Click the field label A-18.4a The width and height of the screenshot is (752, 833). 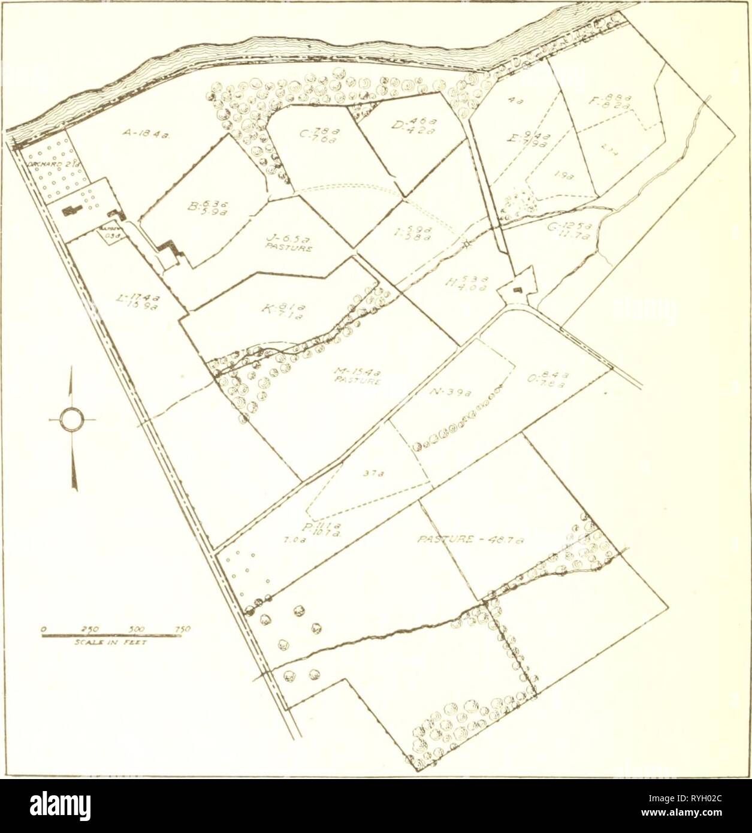pyautogui.click(x=142, y=135)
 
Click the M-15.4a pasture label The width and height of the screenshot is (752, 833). pyautogui.click(x=354, y=377)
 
